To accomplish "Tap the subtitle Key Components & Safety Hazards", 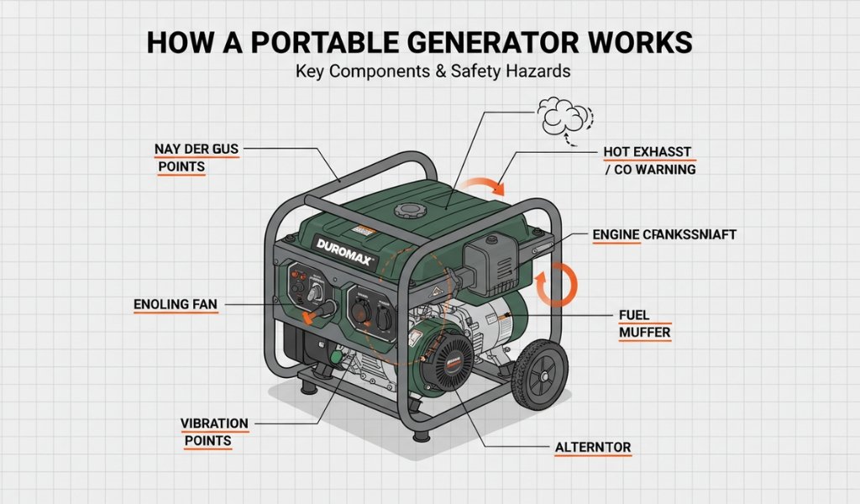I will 433,71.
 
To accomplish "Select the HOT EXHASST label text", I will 647,151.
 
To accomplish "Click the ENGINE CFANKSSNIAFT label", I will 663,235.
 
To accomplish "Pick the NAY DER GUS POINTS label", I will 197,157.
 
